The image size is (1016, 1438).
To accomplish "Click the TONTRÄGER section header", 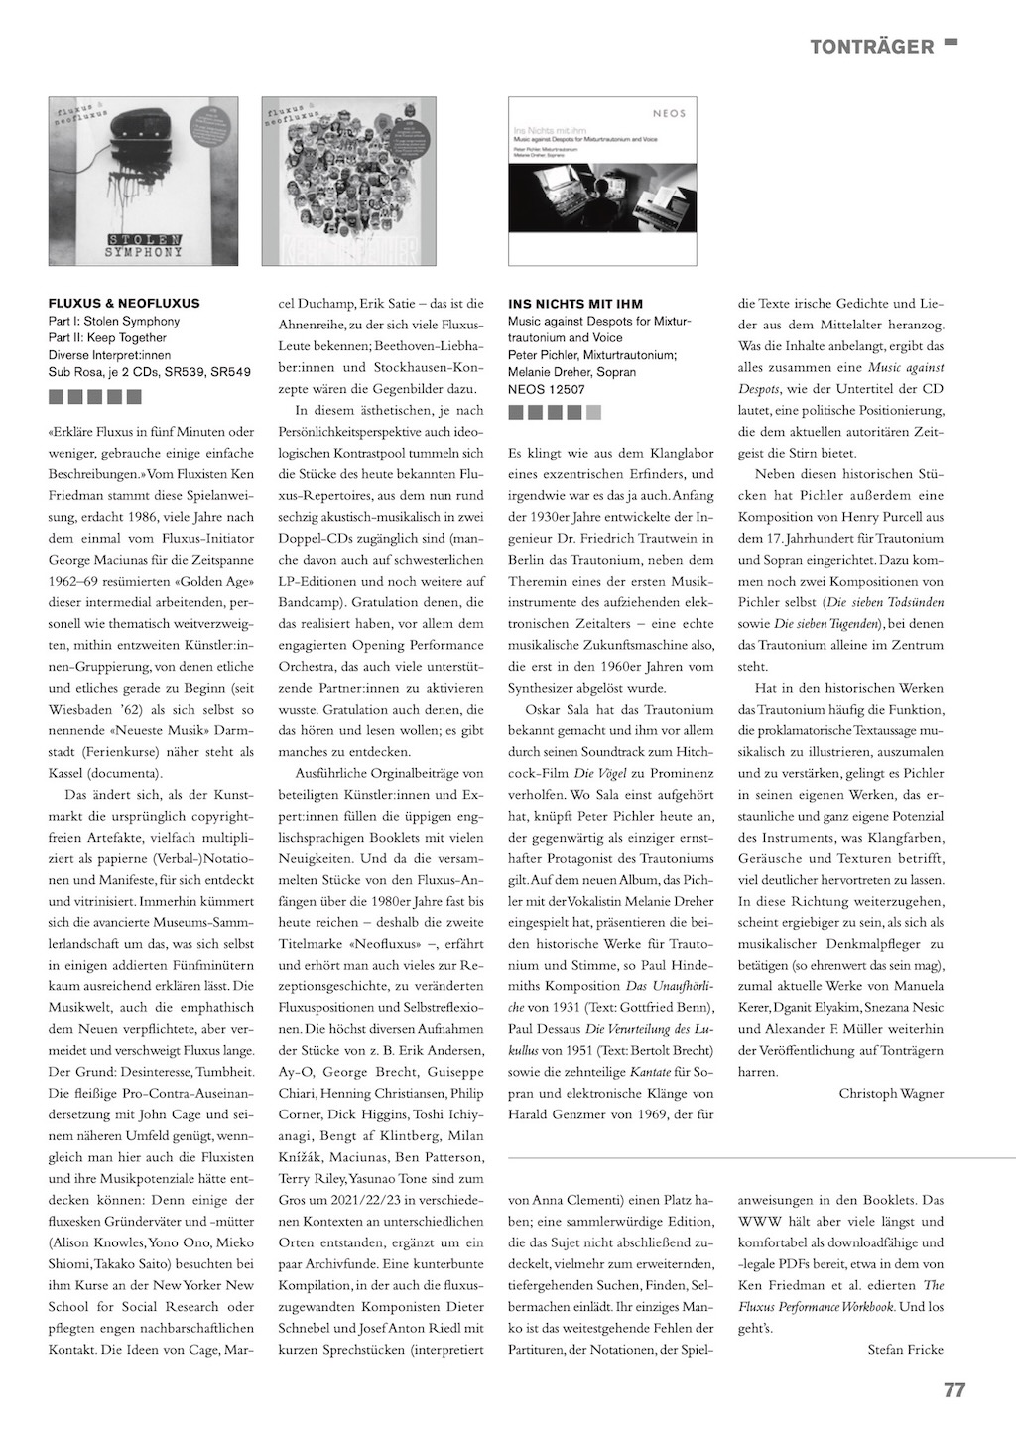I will click(x=871, y=47).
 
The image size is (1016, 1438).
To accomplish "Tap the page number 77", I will click(x=953, y=1390).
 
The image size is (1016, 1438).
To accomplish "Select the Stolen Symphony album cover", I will click(x=143, y=181).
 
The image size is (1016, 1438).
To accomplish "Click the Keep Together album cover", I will click(x=348, y=181).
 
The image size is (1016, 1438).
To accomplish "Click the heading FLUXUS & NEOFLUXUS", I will click(x=124, y=303).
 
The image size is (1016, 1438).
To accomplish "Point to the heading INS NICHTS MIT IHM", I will click(x=575, y=303).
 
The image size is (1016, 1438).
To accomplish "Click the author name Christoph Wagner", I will click(x=891, y=1093).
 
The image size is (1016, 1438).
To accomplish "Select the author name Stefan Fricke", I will click(x=905, y=1349).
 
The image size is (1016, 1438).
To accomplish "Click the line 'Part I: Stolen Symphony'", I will click(x=114, y=321).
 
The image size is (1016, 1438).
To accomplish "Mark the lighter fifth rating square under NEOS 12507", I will click(x=593, y=411).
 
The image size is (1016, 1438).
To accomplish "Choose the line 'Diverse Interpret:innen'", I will click(x=109, y=355).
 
